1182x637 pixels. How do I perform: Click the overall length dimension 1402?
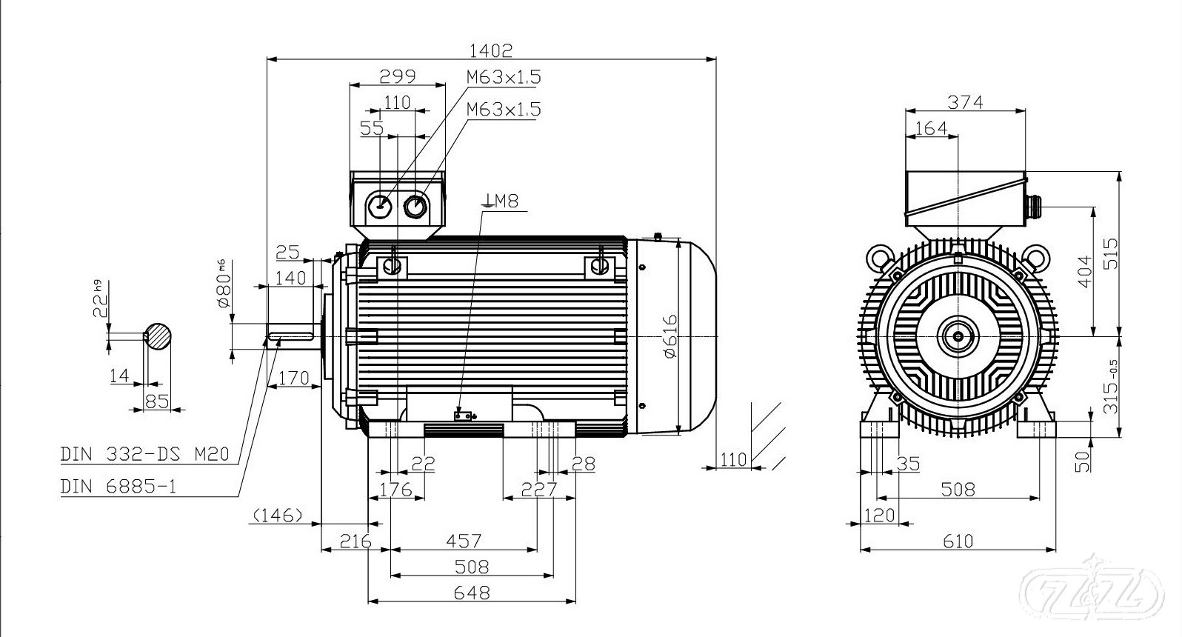(x=490, y=50)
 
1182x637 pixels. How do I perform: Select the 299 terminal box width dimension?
(x=397, y=76)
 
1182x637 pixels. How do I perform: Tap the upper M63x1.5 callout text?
(x=504, y=77)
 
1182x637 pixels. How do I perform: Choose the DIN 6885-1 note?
(x=118, y=487)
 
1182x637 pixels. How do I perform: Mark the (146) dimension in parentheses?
(x=278, y=514)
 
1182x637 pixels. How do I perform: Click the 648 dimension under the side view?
(x=472, y=593)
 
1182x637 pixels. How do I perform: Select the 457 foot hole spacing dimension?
(x=463, y=541)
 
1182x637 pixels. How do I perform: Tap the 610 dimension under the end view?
(x=958, y=541)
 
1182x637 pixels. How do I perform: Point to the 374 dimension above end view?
(x=966, y=102)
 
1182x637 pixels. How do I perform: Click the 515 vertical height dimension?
(x=1110, y=254)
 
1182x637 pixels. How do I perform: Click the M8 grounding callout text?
(x=502, y=200)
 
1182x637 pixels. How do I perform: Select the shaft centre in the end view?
(x=958, y=336)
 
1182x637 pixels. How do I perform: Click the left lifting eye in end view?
(x=881, y=258)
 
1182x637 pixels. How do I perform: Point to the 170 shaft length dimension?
(x=293, y=378)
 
